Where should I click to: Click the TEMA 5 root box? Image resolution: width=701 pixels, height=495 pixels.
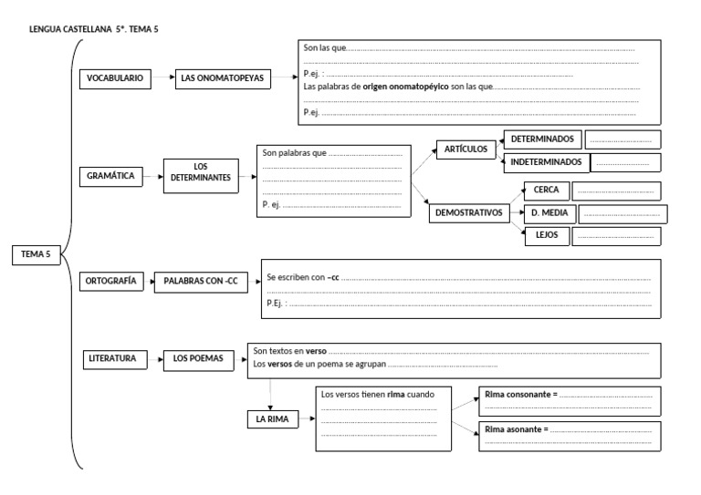click(35, 255)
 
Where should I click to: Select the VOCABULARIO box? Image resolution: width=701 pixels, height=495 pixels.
click(114, 79)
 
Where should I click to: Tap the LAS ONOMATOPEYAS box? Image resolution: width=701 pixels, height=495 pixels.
click(222, 79)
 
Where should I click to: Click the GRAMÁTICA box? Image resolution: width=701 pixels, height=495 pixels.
click(111, 176)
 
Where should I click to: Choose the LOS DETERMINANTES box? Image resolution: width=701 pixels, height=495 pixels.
click(201, 171)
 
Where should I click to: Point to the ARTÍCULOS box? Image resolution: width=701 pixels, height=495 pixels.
click(466, 148)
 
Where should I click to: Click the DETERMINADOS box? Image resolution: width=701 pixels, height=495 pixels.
click(542, 139)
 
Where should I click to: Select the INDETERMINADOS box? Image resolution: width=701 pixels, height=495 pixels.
click(546, 162)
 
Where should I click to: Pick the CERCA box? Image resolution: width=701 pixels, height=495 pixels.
click(546, 191)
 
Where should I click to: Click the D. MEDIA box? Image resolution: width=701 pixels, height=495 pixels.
click(548, 213)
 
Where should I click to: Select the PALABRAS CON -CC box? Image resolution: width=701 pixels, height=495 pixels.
click(201, 282)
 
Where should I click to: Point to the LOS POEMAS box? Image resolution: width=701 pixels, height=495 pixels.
click(198, 359)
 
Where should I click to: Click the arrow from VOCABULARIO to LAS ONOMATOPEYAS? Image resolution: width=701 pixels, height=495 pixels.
click(162, 79)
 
